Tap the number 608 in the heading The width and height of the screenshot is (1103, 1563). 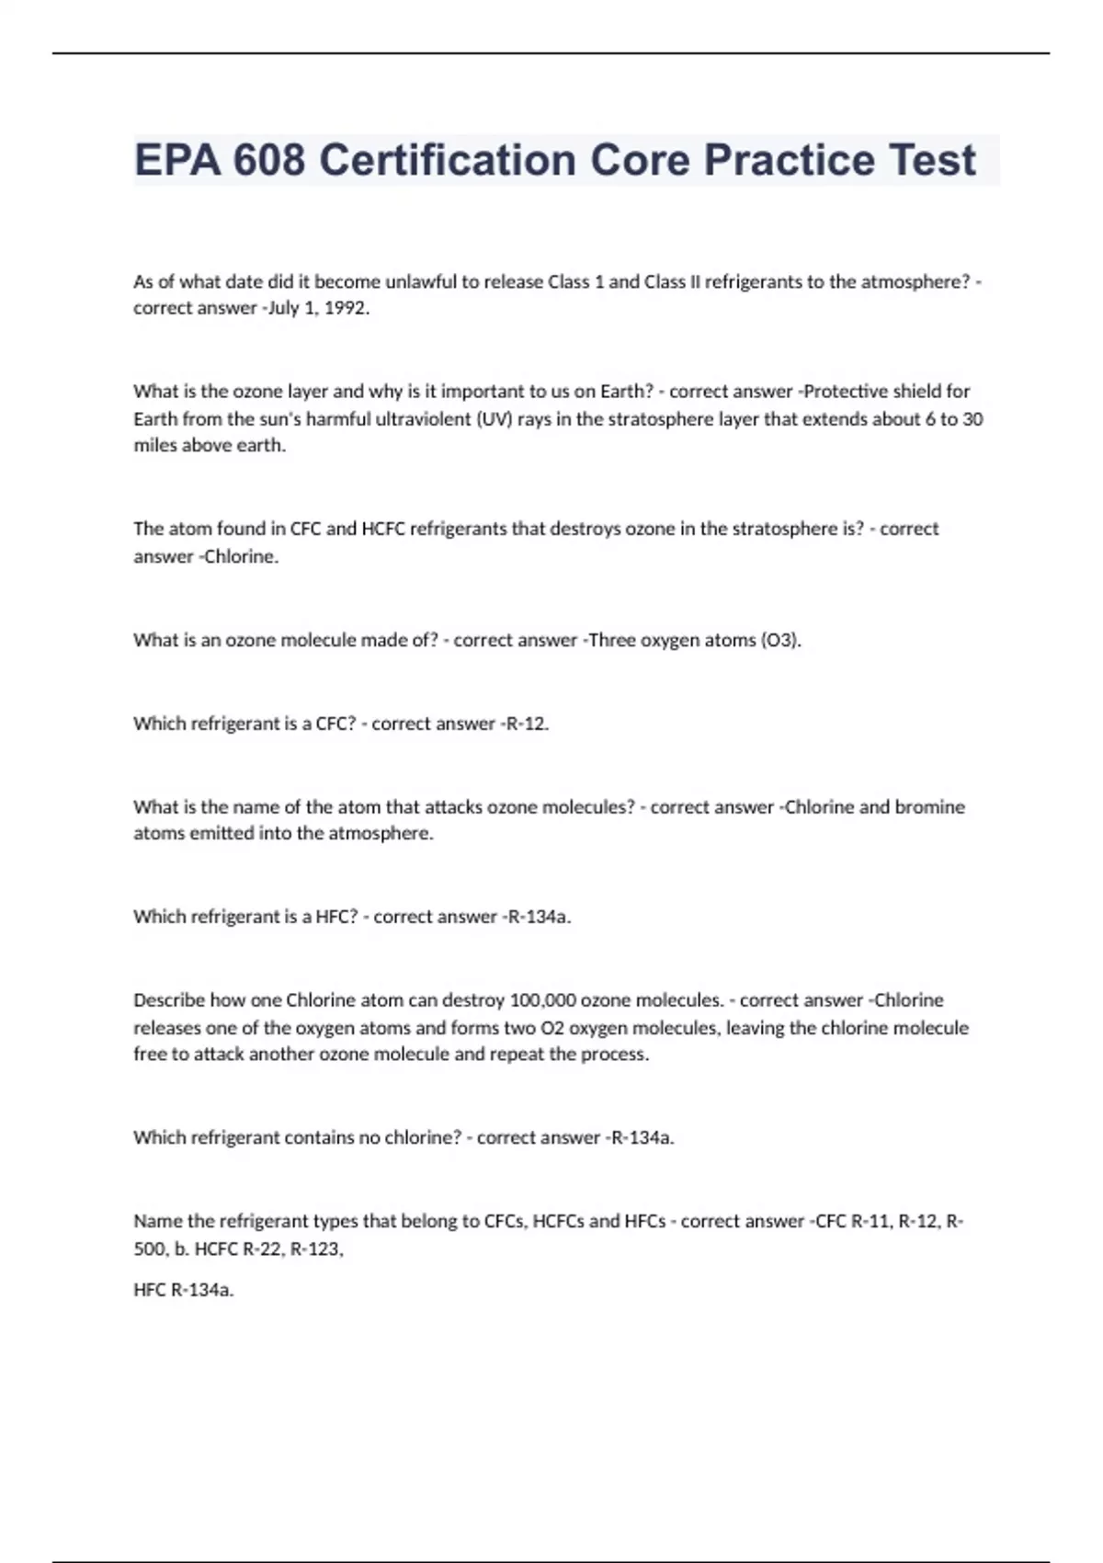268,160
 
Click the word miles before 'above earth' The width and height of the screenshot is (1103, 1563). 156,446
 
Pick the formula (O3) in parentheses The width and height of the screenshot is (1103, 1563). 780,640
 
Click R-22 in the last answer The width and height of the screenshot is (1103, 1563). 261,1249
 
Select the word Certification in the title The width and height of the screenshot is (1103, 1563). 449,160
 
